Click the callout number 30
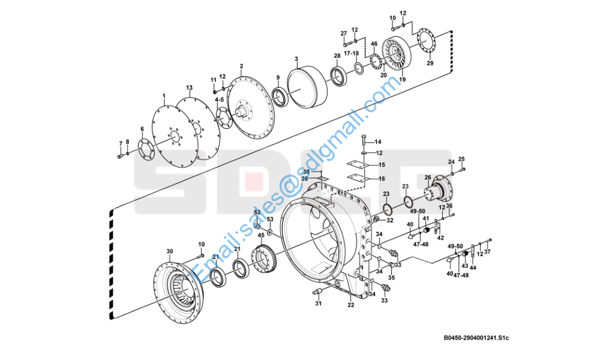(169, 251)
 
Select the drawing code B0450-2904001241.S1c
(476, 338)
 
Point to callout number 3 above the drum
(296, 59)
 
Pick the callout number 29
(430, 63)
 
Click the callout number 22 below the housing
(350, 305)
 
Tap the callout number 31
(319, 304)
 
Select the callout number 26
(428, 177)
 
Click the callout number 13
(189, 88)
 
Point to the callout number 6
(142, 129)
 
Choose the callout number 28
(337, 55)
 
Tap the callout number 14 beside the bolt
(378, 142)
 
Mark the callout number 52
(257, 212)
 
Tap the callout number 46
(373, 44)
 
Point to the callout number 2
(241, 66)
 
